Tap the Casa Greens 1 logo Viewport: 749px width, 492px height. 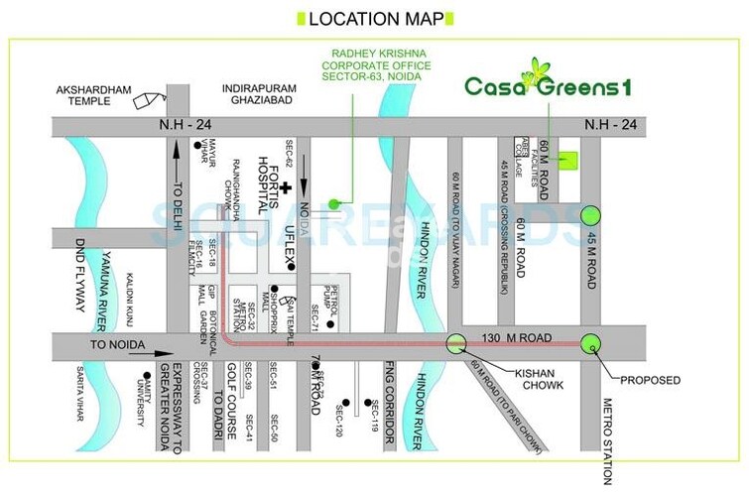(x=548, y=84)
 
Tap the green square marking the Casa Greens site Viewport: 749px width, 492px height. (x=567, y=160)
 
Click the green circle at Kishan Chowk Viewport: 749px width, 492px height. (x=456, y=343)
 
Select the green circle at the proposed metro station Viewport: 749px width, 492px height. (x=591, y=343)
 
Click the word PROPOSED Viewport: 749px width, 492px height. (x=651, y=380)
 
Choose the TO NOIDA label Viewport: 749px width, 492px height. (x=118, y=345)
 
